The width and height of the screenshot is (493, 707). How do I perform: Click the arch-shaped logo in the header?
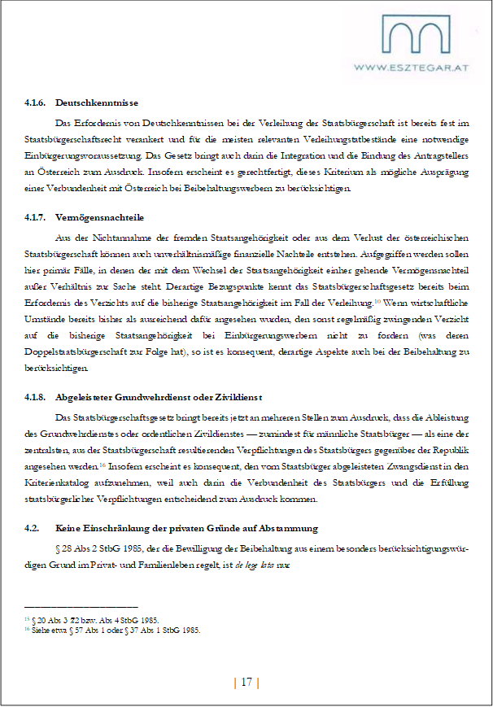(416, 37)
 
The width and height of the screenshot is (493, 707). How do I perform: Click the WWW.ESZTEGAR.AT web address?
(416, 68)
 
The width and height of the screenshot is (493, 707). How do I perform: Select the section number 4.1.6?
(35, 103)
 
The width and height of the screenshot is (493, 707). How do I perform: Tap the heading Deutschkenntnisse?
(97, 103)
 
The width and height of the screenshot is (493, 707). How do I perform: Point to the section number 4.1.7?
(35, 218)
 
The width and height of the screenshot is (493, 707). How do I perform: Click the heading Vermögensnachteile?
(99, 218)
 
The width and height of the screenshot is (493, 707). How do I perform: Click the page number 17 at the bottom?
(246, 682)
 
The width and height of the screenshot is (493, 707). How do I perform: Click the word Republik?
(448, 450)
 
